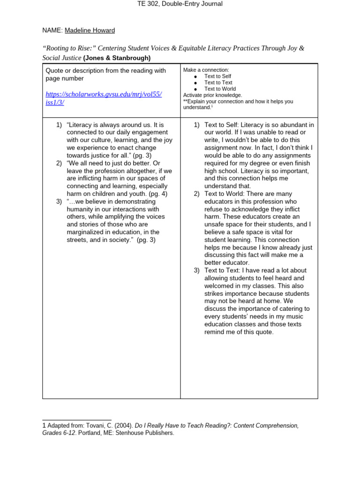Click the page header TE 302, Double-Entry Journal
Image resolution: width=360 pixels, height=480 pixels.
point(180,4)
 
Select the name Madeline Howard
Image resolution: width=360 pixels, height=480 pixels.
point(90,30)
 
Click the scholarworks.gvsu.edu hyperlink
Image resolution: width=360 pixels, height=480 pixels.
point(103,98)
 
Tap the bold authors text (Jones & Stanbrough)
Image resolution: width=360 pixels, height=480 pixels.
point(117,58)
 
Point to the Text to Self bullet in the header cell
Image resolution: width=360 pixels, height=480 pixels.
point(217,76)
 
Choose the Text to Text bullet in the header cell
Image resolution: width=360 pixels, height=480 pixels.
point(218,82)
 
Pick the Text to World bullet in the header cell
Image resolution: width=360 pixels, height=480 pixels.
point(220,89)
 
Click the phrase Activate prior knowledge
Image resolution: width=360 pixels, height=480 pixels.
point(212,95)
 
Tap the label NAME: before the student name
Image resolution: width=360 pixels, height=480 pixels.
point(52,30)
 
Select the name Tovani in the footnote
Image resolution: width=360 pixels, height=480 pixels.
point(90,426)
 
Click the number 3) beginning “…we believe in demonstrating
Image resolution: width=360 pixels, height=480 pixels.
point(59,202)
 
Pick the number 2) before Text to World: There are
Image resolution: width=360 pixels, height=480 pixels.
point(197,194)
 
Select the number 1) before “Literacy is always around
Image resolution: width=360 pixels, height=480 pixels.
point(59,125)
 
